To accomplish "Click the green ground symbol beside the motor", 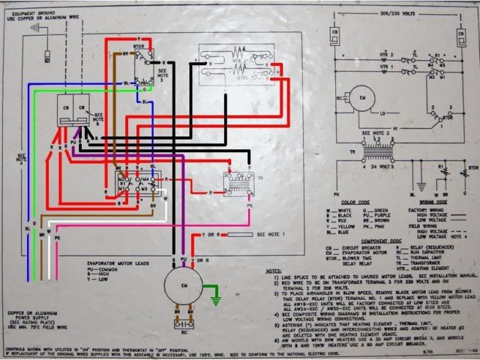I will (215, 300).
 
